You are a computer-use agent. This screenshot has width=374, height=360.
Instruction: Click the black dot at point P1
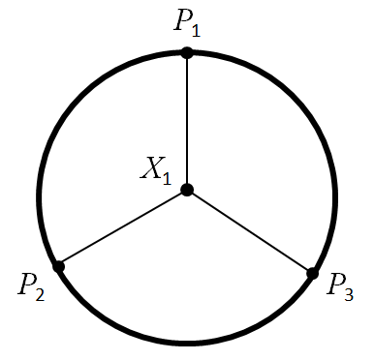187,52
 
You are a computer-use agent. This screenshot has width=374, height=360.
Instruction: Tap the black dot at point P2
58,266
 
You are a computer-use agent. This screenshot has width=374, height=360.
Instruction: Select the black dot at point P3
312,274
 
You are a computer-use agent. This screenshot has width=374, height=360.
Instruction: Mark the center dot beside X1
187,190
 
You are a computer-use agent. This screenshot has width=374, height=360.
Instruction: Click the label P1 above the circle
188,23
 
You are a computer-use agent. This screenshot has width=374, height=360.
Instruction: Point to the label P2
31,285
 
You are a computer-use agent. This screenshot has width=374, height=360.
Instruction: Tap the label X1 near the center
155,171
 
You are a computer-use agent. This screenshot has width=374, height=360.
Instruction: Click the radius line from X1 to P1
187,121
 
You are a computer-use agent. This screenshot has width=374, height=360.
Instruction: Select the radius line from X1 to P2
123,227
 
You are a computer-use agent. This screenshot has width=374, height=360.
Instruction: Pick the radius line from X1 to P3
250,232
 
